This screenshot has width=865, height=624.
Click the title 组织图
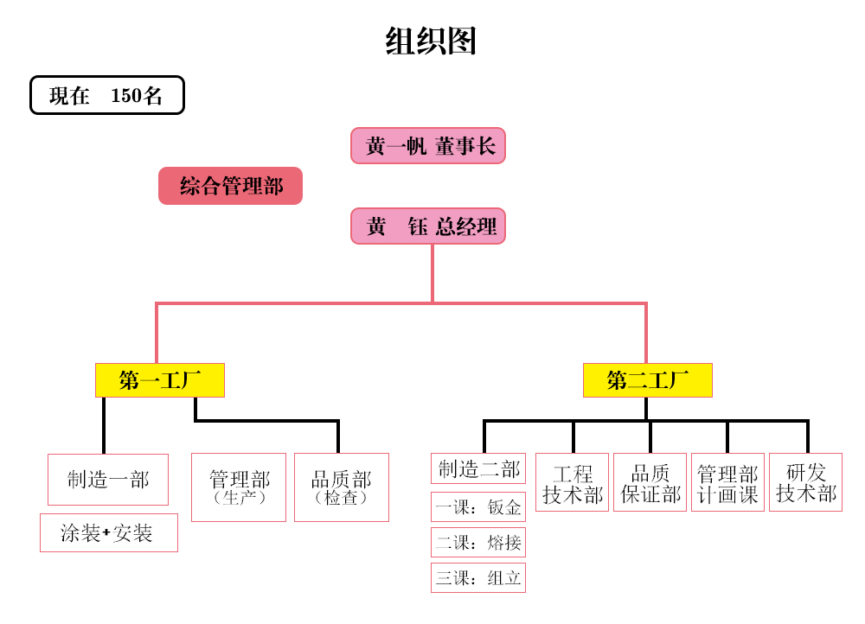click(431, 41)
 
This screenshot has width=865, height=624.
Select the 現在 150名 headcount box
click(107, 95)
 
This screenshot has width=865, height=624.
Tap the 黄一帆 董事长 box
click(428, 145)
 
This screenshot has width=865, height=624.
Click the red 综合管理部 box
click(230, 186)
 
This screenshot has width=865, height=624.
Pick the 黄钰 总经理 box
click(428, 226)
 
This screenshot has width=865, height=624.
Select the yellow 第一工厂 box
click(160, 380)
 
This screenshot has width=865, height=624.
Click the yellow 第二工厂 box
click(647, 380)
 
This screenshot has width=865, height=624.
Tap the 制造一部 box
click(108, 479)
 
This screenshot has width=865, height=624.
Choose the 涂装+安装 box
click(108, 532)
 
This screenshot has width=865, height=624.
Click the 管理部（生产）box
click(239, 487)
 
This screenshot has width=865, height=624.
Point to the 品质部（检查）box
click(342, 487)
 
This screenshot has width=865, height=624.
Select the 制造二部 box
click(478, 468)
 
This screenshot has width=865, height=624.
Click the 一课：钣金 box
click(478, 506)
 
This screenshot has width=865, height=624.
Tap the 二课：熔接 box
click(478, 542)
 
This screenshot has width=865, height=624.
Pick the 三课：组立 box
click(478, 577)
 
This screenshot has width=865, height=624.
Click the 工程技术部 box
click(572, 482)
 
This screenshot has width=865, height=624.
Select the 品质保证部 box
click(650, 482)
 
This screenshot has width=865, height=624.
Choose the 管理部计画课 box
click(727, 482)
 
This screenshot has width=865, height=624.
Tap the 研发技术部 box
click(805, 482)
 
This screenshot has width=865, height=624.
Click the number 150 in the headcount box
click(126, 95)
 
